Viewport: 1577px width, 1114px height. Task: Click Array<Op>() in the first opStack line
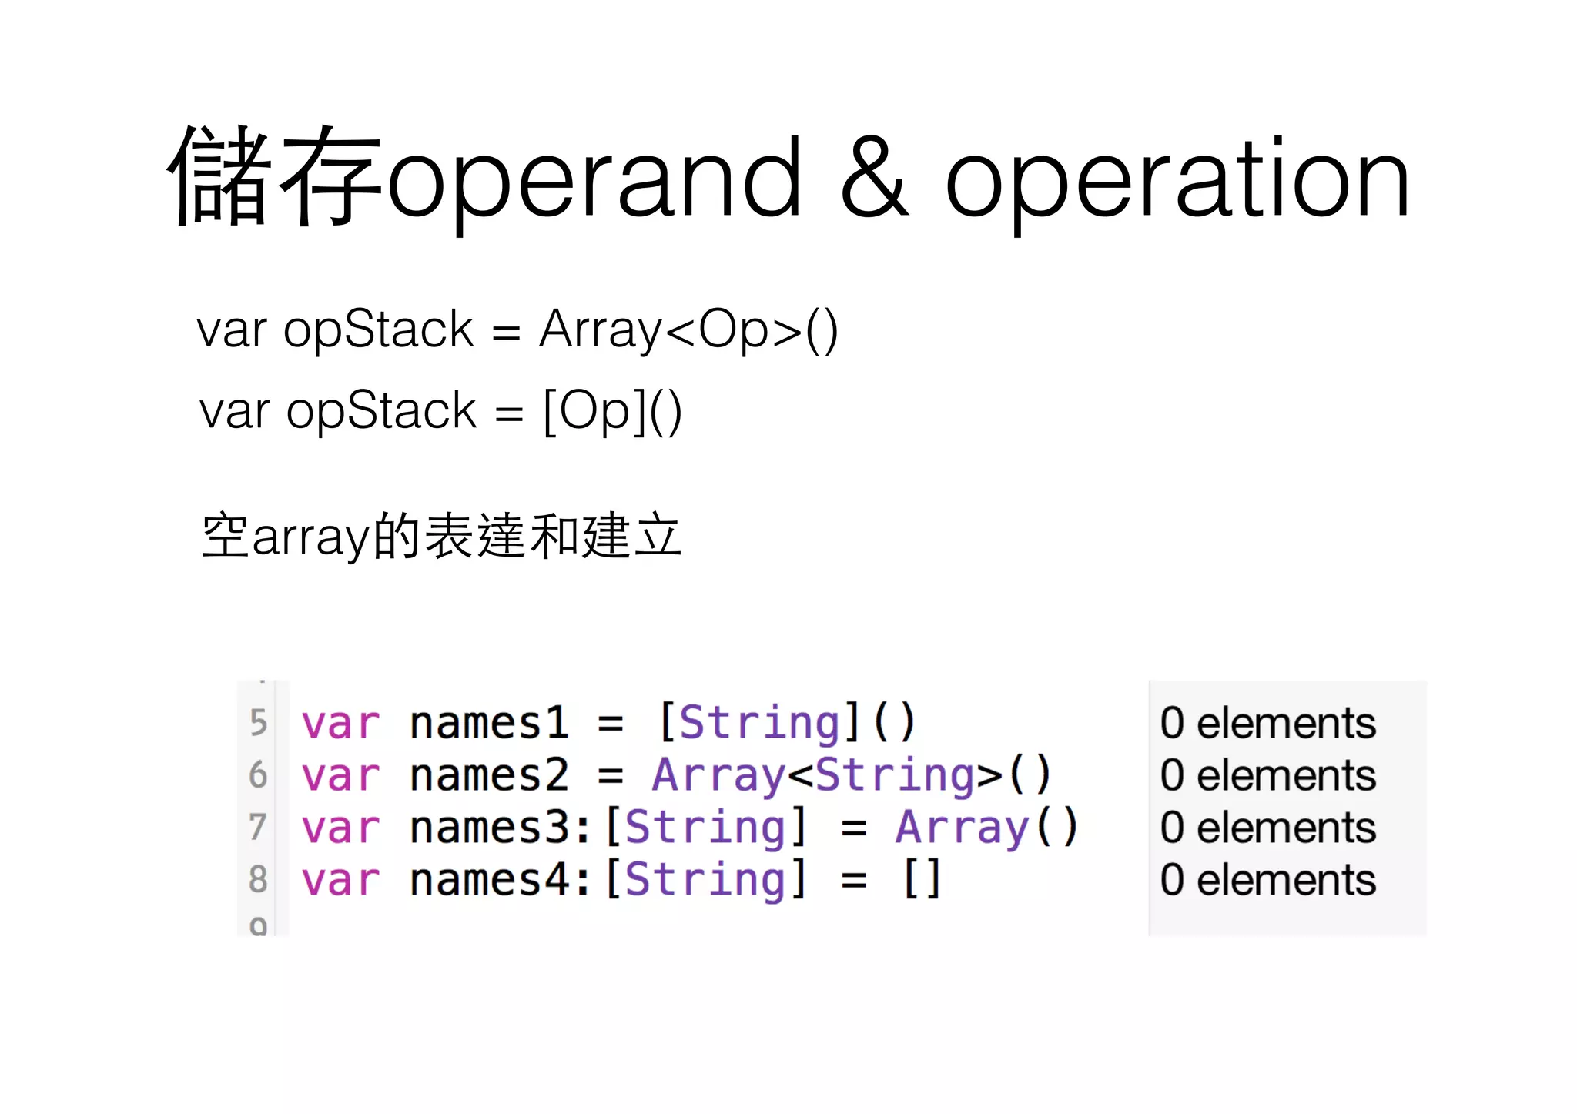(688, 330)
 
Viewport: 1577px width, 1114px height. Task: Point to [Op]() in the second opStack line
(612, 410)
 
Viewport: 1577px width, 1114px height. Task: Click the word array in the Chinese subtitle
(311, 537)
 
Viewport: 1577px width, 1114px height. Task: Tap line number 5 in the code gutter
(259, 723)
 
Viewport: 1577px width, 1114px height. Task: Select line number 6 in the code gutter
(259, 774)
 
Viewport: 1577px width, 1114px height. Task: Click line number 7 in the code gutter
(259, 827)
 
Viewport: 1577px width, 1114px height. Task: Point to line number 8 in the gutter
(259, 878)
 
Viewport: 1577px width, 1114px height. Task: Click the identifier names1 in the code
(489, 723)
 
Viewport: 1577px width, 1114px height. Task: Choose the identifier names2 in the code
(489, 774)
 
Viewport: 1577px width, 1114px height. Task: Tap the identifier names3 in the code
(489, 827)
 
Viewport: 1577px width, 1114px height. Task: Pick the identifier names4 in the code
(489, 878)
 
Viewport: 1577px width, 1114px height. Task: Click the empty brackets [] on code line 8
(922, 878)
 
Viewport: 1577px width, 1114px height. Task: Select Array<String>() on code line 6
(851, 774)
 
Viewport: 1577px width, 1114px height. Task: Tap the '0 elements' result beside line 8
(1267, 879)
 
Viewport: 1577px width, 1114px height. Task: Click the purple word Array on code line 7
(962, 828)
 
